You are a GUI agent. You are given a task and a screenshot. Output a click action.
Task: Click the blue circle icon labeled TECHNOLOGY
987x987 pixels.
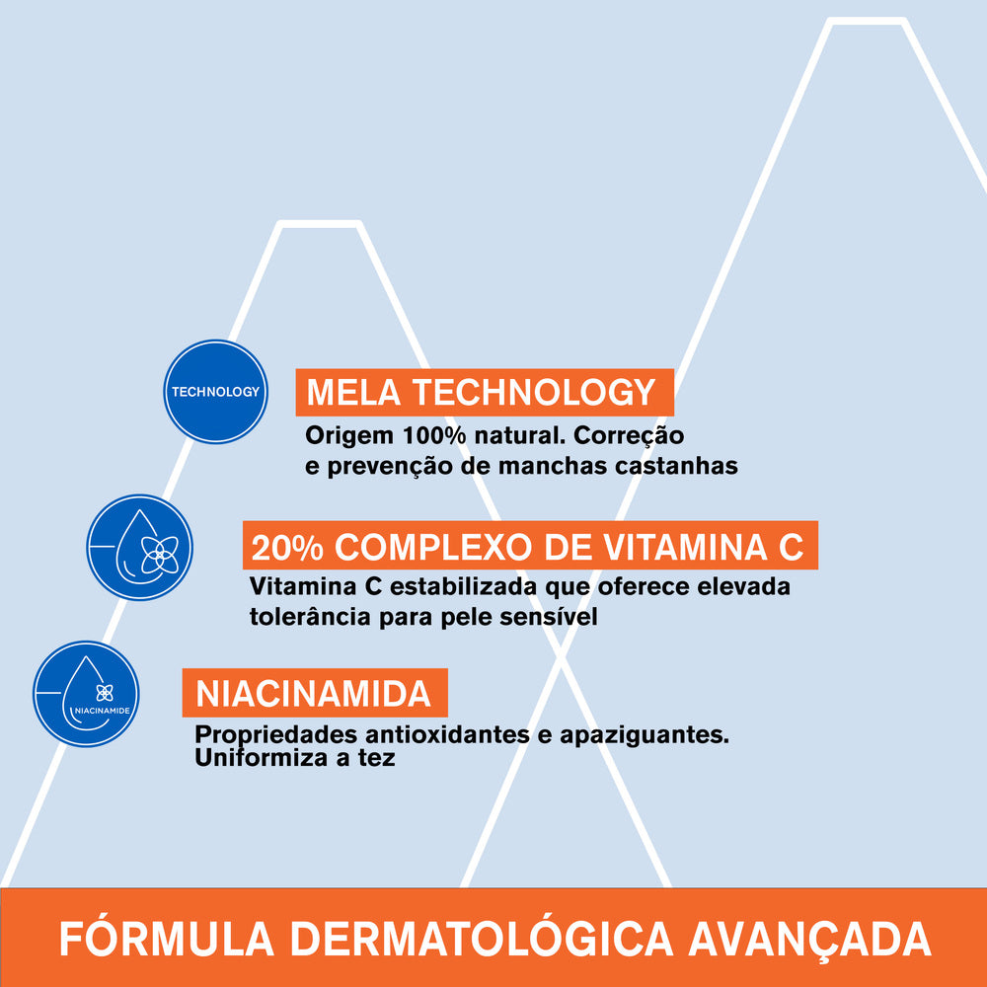[x=215, y=391]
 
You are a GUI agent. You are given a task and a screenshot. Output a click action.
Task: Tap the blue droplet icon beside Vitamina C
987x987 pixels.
[x=139, y=547]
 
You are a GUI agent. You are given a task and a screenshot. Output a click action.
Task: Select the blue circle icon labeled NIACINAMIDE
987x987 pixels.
[x=86, y=694]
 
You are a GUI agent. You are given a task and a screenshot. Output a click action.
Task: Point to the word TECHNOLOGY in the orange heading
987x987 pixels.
[x=533, y=393]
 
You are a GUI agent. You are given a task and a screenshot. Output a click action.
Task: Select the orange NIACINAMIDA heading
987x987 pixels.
[x=314, y=693]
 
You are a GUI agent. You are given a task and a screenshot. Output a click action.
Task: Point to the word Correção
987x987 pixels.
[x=628, y=435]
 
